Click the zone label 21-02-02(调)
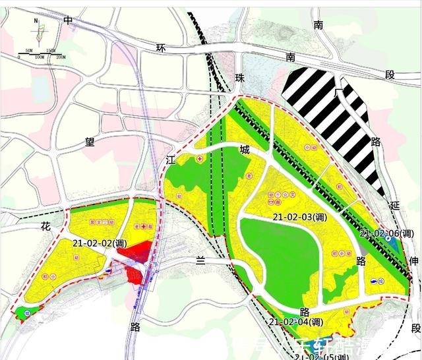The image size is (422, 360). (x=100, y=243)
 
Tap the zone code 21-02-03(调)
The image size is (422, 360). (x=297, y=217)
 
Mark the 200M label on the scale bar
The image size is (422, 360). (x=60, y=58)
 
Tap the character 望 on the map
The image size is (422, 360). (x=88, y=140)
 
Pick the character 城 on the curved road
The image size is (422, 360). (x=245, y=151)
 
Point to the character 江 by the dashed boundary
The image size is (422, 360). (x=170, y=160)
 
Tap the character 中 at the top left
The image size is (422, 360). (x=68, y=20)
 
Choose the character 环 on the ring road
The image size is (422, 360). (x=158, y=48)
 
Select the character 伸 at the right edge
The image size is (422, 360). (x=413, y=262)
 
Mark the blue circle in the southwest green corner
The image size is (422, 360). (x=26, y=313)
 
